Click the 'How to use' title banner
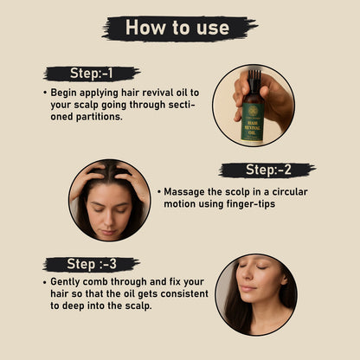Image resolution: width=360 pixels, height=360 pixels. click(178, 28)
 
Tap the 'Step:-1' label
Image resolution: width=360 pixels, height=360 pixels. click(91, 74)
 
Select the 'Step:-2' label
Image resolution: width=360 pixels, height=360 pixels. click(267, 170)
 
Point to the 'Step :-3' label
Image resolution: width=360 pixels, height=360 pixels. click(91, 265)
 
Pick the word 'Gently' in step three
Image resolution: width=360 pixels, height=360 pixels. click(67, 282)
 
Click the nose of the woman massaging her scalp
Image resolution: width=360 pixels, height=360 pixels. click(110, 217)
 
